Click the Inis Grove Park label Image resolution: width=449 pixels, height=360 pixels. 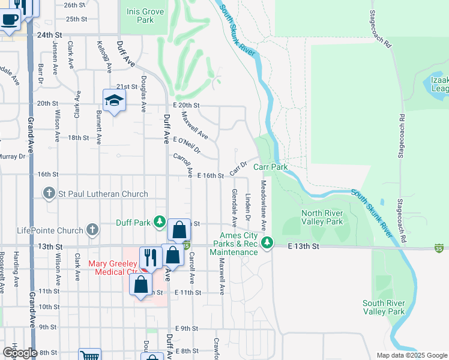pyautogui.click(x=140, y=16)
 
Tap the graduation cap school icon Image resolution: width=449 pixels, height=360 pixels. pyautogui.click(x=113, y=100)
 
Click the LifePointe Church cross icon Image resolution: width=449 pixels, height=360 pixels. pyautogui.click(x=92, y=229)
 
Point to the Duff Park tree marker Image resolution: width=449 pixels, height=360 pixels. pyautogui.click(x=159, y=222)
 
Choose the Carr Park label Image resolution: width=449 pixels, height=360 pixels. pyautogui.click(x=271, y=167)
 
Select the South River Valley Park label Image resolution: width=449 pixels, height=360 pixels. pyautogui.click(x=384, y=307)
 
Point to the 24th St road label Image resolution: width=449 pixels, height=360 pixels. pyautogui.click(x=49, y=35)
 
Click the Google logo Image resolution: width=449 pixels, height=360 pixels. pyautogui.click(x=20, y=353)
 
